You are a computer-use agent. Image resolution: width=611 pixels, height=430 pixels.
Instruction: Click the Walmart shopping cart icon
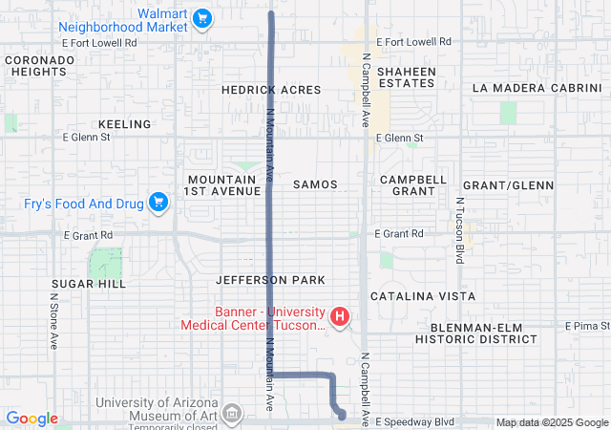click(x=201, y=18)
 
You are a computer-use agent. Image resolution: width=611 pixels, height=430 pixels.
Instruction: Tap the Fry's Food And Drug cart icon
click(x=158, y=203)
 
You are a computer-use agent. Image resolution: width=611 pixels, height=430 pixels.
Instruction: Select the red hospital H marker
click(x=338, y=316)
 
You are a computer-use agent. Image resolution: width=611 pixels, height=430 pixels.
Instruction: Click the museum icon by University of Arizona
click(x=231, y=413)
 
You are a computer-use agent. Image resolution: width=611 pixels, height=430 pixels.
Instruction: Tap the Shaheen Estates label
click(x=407, y=77)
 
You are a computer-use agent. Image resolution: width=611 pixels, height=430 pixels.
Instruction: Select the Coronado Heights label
click(x=39, y=65)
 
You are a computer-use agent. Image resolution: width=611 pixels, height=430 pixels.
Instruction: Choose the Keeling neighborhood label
click(x=125, y=124)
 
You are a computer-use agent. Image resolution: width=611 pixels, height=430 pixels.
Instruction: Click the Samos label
click(x=315, y=184)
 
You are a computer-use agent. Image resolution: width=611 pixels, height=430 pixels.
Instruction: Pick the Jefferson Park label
click(x=270, y=280)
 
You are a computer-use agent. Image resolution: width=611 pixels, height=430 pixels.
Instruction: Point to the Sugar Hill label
click(x=89, y=285)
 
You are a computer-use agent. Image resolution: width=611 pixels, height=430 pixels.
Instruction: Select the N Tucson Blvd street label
click(x=459, y=232)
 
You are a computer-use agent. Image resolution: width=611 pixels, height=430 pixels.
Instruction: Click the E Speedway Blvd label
click(x=413, y=421)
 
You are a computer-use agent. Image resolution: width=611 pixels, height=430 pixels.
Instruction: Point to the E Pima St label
click(x=589, y=326)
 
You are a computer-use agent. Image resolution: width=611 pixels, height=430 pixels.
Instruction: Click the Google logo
click(x=32, y=419)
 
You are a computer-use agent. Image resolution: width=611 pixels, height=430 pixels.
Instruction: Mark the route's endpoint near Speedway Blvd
click(x=342, y=415)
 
